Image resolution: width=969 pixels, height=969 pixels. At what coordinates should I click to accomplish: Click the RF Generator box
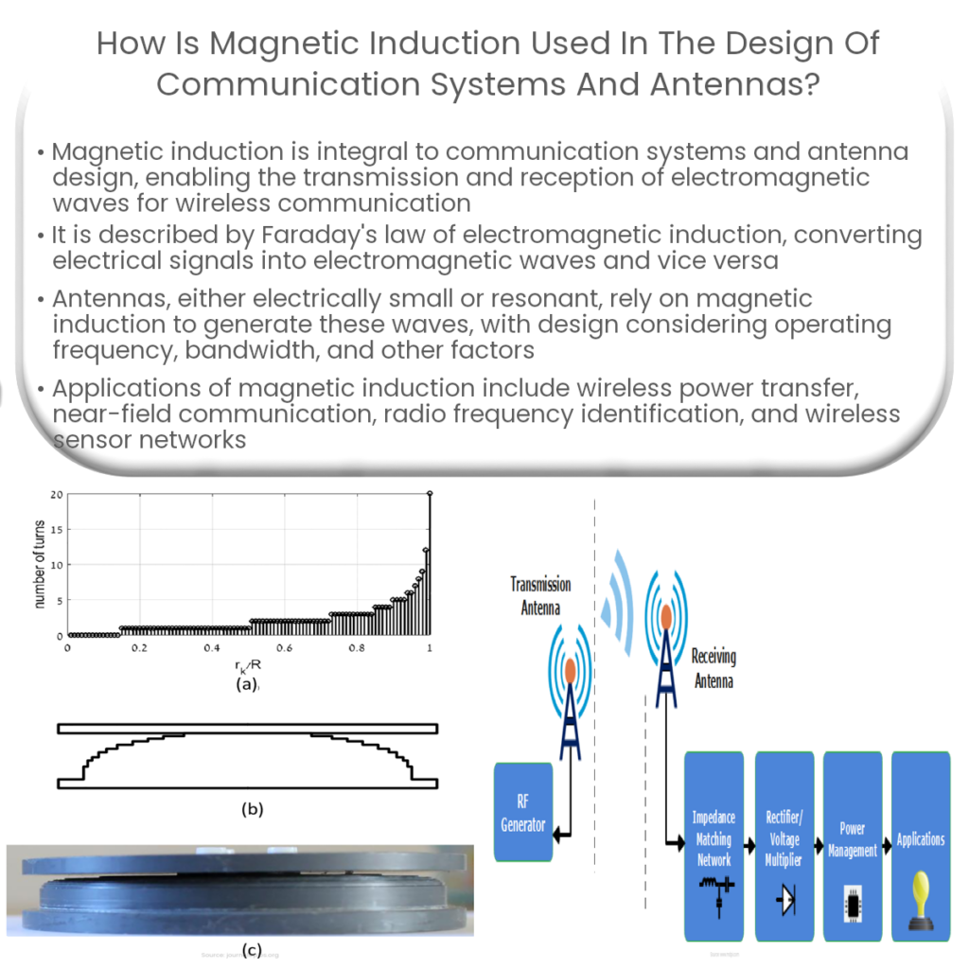coord(523,812)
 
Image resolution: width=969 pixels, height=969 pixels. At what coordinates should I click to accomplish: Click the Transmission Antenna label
coord(540,596)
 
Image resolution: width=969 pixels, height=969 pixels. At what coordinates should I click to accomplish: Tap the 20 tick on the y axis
coord(57,494)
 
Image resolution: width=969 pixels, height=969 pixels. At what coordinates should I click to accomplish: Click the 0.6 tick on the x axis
coord(285,648)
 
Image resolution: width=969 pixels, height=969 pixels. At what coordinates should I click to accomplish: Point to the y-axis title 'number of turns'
coord(41,565)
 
